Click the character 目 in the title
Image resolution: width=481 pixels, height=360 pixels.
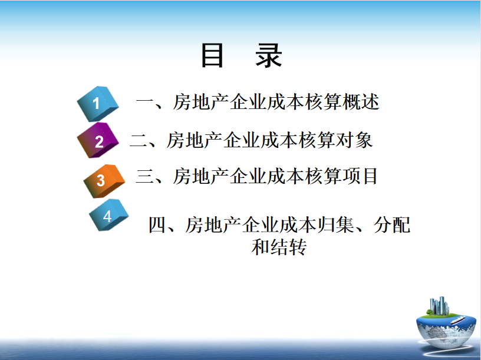point(212,55)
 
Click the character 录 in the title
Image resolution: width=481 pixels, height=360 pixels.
point(269,55)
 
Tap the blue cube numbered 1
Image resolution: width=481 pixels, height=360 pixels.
point(97,104)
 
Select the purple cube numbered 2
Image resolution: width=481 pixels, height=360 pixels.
point(97,140)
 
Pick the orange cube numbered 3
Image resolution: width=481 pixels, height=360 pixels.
point(104,181)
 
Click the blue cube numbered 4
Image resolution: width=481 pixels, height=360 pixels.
point(109,215)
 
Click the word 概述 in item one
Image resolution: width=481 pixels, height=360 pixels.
point(361,101)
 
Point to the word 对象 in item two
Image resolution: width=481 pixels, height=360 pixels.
point(354,140)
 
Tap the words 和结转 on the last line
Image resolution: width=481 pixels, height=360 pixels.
point(279,247)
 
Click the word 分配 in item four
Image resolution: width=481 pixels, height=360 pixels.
point(392,224)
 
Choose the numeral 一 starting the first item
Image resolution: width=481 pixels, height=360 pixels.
point(146,101)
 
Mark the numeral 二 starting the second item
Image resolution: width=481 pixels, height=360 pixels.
point(139,140)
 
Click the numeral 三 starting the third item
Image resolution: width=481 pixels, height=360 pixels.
point(145,176)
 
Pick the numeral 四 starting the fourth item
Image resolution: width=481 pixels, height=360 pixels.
point(157,224)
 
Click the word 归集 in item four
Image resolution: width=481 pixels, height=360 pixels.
point(335,224)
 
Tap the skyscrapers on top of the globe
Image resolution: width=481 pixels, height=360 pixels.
point(439,306)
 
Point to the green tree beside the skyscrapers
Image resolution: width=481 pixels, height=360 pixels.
point(430,312)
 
